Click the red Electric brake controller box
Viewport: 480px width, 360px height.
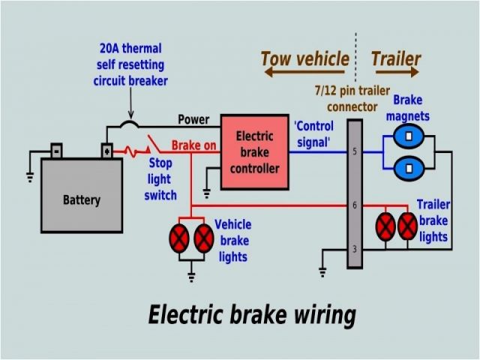[255, 152]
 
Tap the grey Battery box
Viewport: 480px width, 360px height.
[82, 195]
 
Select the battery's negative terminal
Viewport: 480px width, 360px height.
[56, 151]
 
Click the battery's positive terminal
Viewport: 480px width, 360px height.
[106, 151]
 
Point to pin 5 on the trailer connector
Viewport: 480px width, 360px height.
[355, 151]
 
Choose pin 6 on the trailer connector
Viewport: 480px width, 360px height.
[355, 205]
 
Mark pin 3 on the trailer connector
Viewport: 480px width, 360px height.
[355, 249]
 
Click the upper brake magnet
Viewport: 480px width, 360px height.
[409, 136]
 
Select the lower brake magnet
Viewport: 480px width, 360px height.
[409, 168]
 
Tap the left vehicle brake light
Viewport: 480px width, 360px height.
[179, 238]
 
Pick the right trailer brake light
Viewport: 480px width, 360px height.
[407, 226]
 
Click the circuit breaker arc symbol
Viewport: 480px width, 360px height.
[129, 124]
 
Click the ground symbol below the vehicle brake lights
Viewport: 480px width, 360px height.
[191, 277]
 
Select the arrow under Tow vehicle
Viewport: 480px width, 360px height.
[304, 72]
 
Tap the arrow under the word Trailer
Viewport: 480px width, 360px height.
[397, 72]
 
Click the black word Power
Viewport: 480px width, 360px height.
[193, 120]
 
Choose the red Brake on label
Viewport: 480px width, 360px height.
[193, 145]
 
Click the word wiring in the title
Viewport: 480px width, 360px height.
[325, 316]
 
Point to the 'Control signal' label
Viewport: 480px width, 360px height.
[313, 134]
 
